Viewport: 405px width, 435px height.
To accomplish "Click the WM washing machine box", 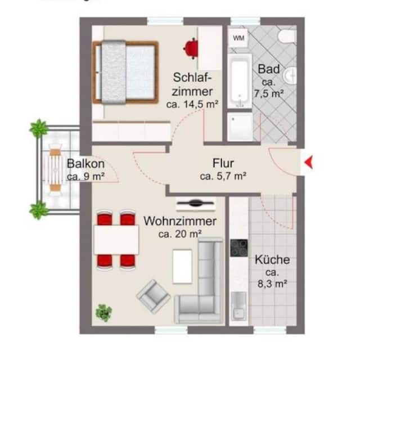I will pyautogui.click(x=238, y=38).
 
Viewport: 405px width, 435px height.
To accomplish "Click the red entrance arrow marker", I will pyautogui.click(x=308, y=163).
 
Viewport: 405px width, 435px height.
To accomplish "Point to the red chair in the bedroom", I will pyautogui.click(x=191, y=48).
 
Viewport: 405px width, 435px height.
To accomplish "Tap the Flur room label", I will pyautogui.click(x=223, y=164).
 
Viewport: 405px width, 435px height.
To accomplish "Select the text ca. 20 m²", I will pyautogui.click(x=180, y=234).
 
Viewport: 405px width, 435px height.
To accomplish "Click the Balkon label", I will pyautogui.click(x=85, y=164).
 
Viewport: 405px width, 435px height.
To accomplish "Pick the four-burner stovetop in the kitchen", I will pyautogui.click(x=238, y=248).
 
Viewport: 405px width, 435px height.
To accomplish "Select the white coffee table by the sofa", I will pyautogui.click(x=183, y=266).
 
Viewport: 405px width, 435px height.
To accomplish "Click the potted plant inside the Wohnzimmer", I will pyautogui.click(x=103, y=312).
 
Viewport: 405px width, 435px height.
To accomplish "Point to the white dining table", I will pyautogui.click(x=116, y=240).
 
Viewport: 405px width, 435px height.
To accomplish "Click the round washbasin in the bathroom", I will pyautogui.click(x=291, y=75).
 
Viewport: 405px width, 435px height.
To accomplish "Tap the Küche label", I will pyautogui.click(x=272, y=260).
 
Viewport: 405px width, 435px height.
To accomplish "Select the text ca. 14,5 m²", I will pyautogui.click(x=192, y=104).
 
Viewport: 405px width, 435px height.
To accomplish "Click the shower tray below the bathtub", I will pyautogui.click(x=240, y=127).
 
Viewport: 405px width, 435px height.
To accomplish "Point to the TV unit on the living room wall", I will pyautogui.click(x=196, y=203).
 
